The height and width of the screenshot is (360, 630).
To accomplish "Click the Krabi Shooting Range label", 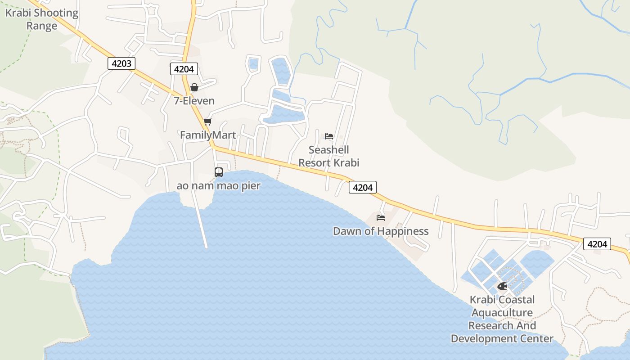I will [x=41, y=19].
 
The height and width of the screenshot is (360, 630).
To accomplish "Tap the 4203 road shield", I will [x=121, y=63].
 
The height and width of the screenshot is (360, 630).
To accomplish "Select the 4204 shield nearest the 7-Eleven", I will [x=184, y=69].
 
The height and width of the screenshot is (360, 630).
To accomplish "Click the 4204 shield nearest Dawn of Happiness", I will [x=363, y=188].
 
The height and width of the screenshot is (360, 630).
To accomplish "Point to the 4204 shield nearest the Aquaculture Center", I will [x=597, y=244].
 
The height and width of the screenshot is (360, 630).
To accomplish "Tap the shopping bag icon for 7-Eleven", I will [x=194, y=87].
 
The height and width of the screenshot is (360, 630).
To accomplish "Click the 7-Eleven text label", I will [x=194, y=101].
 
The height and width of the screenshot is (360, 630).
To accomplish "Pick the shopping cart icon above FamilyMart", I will [x=207, y=122].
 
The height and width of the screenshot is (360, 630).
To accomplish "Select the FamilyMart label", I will [x=208, y=135].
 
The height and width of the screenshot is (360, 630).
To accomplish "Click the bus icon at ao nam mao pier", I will [x=219, y=172].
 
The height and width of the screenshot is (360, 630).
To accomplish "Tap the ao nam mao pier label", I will [x=219, y=185].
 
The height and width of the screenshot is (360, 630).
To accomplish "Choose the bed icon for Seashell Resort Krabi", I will [x=329, y=136].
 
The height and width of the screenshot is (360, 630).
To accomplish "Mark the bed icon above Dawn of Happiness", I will [x=381, y=218].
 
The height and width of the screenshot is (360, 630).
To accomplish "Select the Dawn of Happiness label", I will [x=381, y=231].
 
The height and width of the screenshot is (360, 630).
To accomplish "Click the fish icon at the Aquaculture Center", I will [x=502, y=286].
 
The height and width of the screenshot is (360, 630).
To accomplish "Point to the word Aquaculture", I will [x=502, y=313].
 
